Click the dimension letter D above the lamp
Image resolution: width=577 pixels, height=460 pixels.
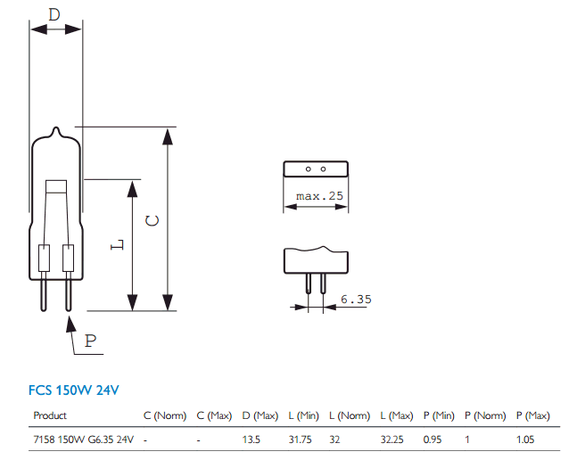[54, 14]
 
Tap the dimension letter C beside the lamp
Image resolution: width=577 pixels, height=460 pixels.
[152, 219]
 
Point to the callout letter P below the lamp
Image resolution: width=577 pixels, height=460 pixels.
[90, 341]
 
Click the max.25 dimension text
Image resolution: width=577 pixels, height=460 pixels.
[314, 195]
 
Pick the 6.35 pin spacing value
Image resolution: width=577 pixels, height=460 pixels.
[355, 300]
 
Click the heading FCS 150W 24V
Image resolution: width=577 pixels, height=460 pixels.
[73, 390]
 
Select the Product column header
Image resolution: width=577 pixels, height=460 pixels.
[50, 415]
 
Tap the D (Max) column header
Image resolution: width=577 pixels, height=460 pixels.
[260, 415]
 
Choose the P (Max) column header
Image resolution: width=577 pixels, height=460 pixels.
[532, 415]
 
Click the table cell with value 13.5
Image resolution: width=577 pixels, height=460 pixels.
[253, 439]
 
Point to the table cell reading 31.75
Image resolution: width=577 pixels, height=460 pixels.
[301, 439]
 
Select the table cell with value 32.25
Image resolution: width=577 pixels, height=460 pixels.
[392, 439]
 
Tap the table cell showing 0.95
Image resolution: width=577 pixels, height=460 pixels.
[433, 439]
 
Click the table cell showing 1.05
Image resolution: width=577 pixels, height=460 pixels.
[526, 439]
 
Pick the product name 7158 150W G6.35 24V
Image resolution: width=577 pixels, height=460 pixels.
[83, 439]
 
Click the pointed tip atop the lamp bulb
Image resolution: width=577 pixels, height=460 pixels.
[56, 131]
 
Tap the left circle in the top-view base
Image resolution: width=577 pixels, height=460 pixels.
[308, 168]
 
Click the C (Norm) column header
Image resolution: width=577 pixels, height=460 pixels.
[164, 415]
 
